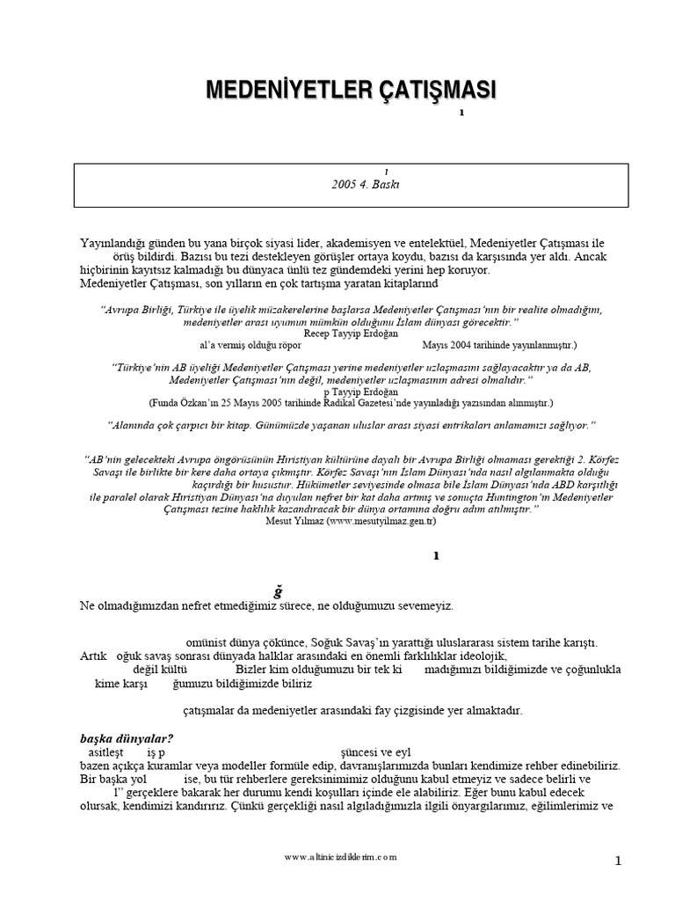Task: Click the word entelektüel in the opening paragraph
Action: (x=435, y=242)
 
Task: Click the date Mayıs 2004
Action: (x=443, y=346)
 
